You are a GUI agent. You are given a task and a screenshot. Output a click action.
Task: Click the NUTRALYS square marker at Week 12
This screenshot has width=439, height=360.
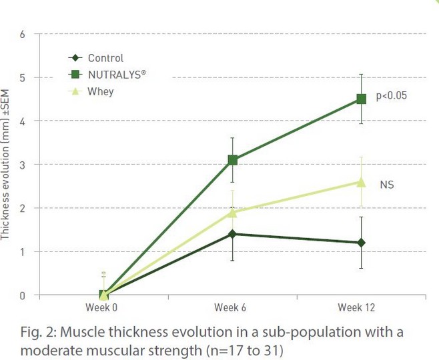[362, 99]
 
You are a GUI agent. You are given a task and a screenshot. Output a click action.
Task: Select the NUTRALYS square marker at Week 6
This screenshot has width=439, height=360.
[233, 160]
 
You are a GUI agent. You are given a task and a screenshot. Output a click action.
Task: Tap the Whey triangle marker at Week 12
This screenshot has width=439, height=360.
[362, 181]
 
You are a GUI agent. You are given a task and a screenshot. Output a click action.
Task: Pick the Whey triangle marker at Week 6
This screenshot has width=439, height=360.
[233, 211]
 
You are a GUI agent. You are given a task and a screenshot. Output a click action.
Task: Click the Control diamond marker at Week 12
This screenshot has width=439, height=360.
[362, 243]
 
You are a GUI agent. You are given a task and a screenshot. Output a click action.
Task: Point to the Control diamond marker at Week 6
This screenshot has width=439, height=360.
[233, 234]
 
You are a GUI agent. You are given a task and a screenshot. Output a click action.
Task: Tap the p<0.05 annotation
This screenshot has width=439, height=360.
[392, 96]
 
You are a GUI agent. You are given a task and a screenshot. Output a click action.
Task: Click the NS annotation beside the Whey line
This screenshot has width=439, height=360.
[387, 184]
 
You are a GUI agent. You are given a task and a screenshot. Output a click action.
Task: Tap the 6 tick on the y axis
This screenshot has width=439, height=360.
[23, 33]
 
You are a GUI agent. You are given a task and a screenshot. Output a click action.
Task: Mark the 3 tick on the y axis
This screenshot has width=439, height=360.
[23, 165]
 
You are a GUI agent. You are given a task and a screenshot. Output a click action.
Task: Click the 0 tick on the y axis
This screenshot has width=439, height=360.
[23, 295]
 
